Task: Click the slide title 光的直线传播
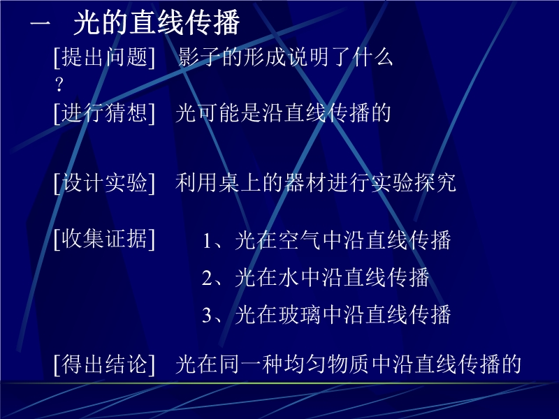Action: (157, 23)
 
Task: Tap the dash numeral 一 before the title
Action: (41, 24)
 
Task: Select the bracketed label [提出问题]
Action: (104, 57)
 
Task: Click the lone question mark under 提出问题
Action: (59, 84)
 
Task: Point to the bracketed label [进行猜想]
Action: (104, 113)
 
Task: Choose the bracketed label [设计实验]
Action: (104, 183)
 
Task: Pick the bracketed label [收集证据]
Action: (104, 239)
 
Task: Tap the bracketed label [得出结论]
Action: (104, 365)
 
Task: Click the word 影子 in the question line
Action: (199, 57)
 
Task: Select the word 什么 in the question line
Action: (372, 57)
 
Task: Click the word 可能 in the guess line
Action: (219, 113)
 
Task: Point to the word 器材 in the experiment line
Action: (305, 183)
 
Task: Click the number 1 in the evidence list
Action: (207, 241)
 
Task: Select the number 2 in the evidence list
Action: (207, 278)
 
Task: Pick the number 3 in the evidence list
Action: (207, 316)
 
